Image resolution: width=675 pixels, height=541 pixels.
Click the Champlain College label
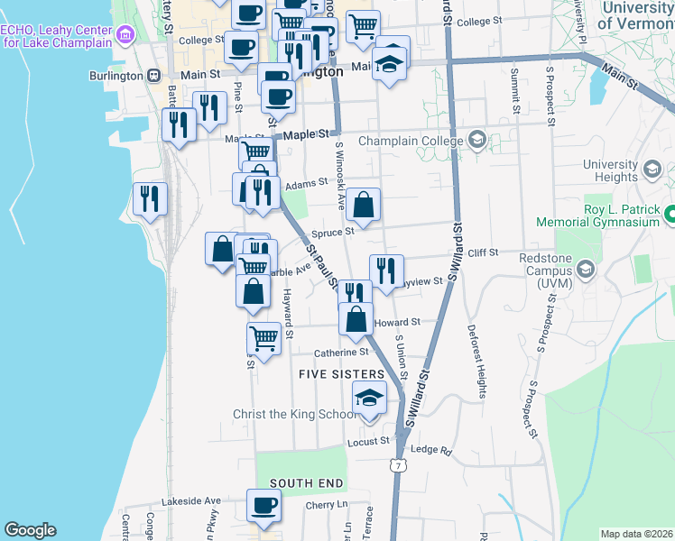click(410, 142)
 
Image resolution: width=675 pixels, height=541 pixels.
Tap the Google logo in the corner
click(30, 529)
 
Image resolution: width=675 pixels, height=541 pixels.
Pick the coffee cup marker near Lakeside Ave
click(264, 506)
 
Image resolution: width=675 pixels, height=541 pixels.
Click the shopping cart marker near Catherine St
click(264, 339)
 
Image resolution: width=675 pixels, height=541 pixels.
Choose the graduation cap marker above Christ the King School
click(369, 397)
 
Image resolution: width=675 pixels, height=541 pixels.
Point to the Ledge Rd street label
click(430, 449)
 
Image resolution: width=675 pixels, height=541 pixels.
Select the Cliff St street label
click(483, 253)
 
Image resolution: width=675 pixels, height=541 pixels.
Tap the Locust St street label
click(368, 442)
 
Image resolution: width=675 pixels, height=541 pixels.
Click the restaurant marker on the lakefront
click(148, 199)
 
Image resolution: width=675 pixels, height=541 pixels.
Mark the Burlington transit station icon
click(154, 75)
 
